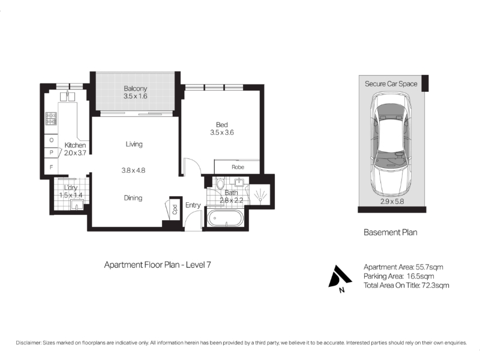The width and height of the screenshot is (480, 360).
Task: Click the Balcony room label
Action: point(136,88)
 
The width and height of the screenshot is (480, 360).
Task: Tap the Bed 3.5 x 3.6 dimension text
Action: point(222,133)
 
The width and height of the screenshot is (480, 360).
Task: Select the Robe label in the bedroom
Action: point(238,167)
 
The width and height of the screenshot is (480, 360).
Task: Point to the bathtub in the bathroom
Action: point(226,218)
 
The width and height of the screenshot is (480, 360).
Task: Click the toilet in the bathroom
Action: point(220,184)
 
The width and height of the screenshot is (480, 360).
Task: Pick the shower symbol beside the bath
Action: point(260,195)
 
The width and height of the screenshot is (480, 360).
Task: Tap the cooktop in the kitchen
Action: point(51,119)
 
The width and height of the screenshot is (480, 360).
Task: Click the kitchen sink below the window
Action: point(67,96)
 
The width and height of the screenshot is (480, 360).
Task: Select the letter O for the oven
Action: point(52,140)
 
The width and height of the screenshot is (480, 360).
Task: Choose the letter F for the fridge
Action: point(52,167)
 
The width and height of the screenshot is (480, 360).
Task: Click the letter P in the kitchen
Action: point(52,152)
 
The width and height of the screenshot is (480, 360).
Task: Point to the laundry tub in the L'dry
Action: point(77,205)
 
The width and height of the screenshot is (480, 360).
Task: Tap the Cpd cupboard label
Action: point(175,209)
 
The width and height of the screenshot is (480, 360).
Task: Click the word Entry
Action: point(193,205)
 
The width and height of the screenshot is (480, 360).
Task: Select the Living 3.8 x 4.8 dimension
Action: point(133,170)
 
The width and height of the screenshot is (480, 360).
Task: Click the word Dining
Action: point(133,198)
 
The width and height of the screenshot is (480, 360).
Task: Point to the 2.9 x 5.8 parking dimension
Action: point(392,202)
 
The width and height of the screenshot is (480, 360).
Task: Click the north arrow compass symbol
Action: point(339,277)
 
